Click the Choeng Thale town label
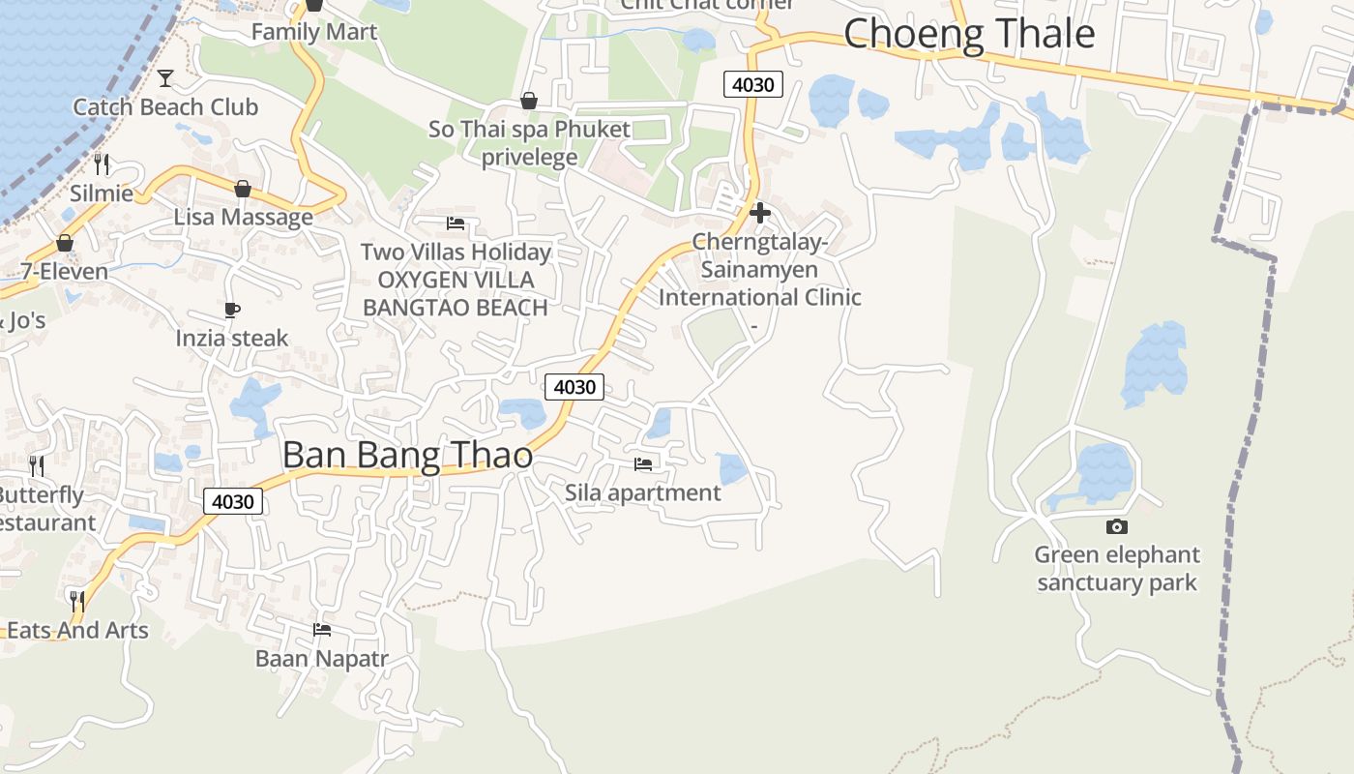pos(969,34)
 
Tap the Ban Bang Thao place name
pos(407,455)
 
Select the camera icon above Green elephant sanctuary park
pos(1117,526)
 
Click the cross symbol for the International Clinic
pos(760,213)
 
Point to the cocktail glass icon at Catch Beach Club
pos(165,77)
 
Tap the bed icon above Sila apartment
pos(643,464)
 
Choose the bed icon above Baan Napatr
pos(322,630)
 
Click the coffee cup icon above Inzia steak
pos(232,310)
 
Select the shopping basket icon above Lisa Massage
pos(243,188)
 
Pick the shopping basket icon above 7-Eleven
pos(65,242)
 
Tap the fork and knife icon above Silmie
pos(102,164)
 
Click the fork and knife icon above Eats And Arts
pos(77,601)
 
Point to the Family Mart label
pos(314,32)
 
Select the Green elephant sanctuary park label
pos(1117,569)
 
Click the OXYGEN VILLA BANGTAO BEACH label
pos(456,294)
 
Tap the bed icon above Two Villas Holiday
pos(456,223)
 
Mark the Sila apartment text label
pos(643,492)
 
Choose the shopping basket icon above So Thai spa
pos(529,101)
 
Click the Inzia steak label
pos(232,338)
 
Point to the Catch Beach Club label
pos(165,106)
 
